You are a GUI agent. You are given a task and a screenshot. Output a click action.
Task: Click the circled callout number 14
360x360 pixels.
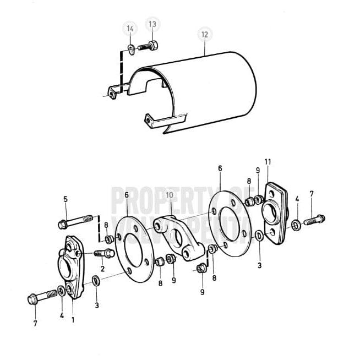(x=130, y=28)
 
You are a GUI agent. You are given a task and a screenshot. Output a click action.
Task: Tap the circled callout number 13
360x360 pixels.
(x=152, y=24)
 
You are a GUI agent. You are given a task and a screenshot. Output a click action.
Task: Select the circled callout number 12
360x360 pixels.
(x=205, y=35)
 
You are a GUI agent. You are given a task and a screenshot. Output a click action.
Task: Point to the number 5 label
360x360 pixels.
(x=66, y=199)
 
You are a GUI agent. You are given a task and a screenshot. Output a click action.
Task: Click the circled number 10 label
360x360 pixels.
(x=170, y=194)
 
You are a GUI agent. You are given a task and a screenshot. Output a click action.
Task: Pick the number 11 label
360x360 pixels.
(x=268, y=161)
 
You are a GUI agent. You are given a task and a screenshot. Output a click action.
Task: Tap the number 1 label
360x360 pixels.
(x=73, y=319)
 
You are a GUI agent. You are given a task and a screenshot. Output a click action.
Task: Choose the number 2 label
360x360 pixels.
(x=102, y=269)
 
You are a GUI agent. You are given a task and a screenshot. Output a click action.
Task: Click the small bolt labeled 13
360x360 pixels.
(x=148, y=45)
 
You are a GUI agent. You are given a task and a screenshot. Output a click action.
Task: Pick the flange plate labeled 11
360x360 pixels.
(x=275, y=212)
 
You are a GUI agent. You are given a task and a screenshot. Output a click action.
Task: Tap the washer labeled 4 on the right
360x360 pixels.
(x=296, y=225)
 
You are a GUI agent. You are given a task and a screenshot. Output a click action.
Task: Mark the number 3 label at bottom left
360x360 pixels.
(x=97, y=305)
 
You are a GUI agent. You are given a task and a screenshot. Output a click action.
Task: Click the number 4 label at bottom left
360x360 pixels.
(x=62, y=315)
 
